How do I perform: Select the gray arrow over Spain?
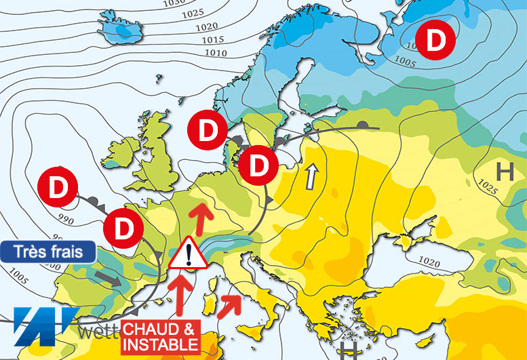[x=109, y=278]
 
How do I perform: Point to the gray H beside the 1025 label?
[x=505, y=172]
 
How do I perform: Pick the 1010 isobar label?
[x=215, y=52]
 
